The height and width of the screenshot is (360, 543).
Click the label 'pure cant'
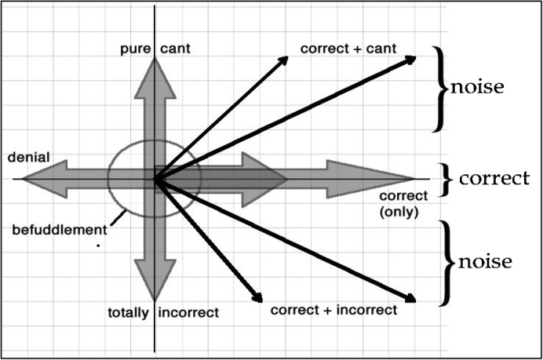point(155,50)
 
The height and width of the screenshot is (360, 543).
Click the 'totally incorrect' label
point(162,313)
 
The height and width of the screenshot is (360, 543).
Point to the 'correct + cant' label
point(347,50)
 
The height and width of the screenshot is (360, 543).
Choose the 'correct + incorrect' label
point(333,309)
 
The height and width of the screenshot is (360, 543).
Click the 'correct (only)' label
point(403,203)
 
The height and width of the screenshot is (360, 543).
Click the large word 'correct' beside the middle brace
point(494,179)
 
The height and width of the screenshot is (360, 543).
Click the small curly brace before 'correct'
point(446,179)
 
